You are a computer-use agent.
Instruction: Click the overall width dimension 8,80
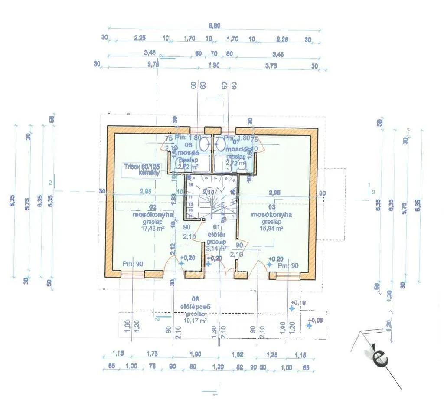[214, 26]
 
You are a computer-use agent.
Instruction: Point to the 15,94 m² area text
[271, 228]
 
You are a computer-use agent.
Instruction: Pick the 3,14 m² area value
[216, 249]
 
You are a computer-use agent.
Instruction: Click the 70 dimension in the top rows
[214, 54]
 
